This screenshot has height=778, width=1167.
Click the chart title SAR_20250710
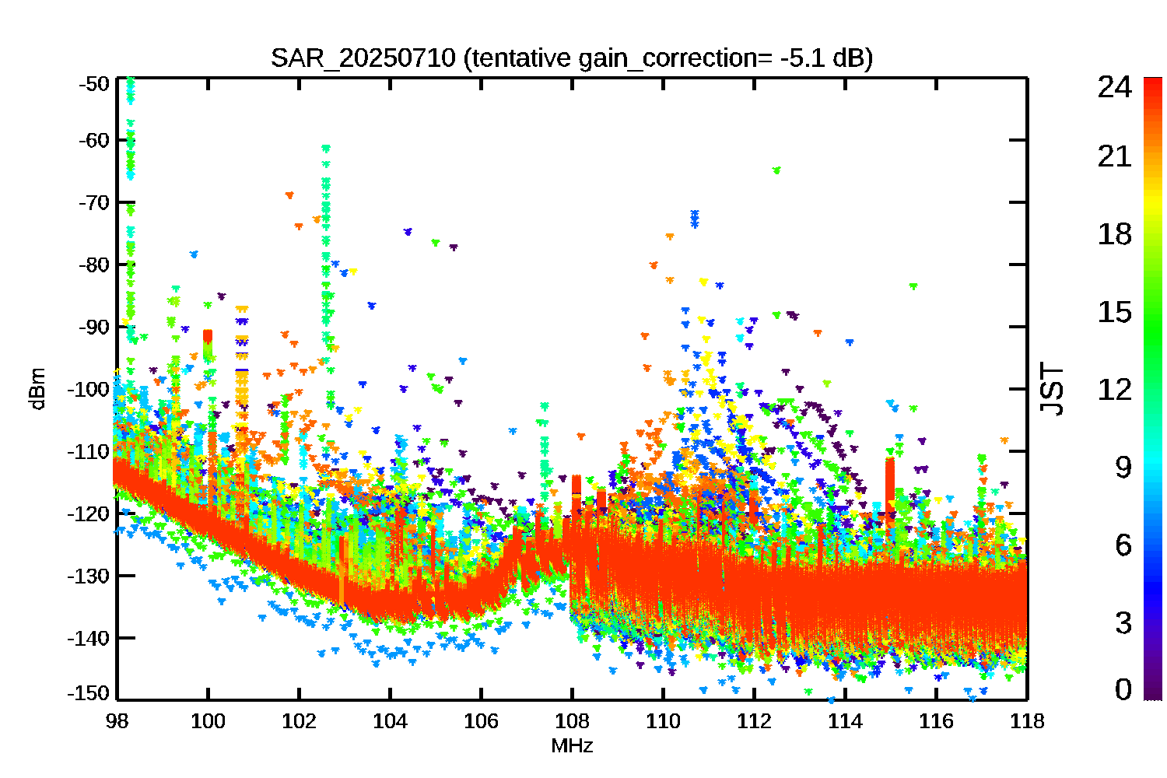click(363, 58)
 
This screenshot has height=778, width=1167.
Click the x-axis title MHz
click(572, 745)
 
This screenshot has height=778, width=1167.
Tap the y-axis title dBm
click(38, 389)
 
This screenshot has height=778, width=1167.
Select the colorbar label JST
click(1051, 389)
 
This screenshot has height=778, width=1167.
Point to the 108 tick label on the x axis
click(572, 721)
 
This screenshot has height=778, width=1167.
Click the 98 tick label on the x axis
click(117, 721)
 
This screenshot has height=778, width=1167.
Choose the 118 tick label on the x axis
click(1027, 721)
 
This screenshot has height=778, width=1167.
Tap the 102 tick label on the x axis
click(299, 721)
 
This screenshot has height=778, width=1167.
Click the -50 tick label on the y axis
click(94, 83)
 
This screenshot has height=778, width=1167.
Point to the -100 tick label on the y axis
click(89, 389)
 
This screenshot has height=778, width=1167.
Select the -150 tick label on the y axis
click(89, 693)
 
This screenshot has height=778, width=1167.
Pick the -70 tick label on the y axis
click(94, 202)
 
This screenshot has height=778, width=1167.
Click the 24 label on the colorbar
click(1114, 86)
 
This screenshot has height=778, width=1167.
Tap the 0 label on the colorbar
click(1123, 689)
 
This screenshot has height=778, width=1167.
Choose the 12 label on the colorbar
click(1114, 389)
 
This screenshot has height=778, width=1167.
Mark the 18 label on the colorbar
click(1114, 234)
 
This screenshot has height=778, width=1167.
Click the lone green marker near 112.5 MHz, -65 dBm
click(776, 170)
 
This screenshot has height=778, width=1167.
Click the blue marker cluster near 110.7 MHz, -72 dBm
click(695, 219)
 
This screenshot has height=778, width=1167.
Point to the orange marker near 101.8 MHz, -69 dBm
click(289, 195)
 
